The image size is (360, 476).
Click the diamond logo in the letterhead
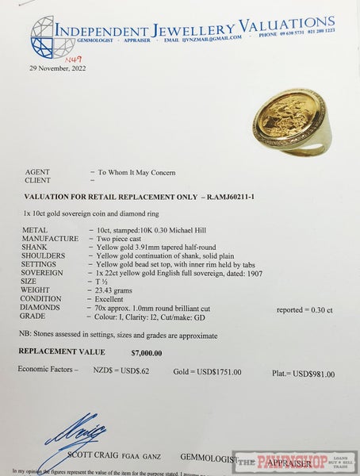(x=52, y=37)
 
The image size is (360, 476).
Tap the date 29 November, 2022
(x=58, y=68)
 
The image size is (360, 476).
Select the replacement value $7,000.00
(x=147, y=352)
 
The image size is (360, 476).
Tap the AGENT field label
(x=37, y=172)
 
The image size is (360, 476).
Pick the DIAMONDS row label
(x=43, y=307)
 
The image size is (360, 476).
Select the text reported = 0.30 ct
(x=305, y=309)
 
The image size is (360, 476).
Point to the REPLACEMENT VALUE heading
(x=62, y=351)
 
